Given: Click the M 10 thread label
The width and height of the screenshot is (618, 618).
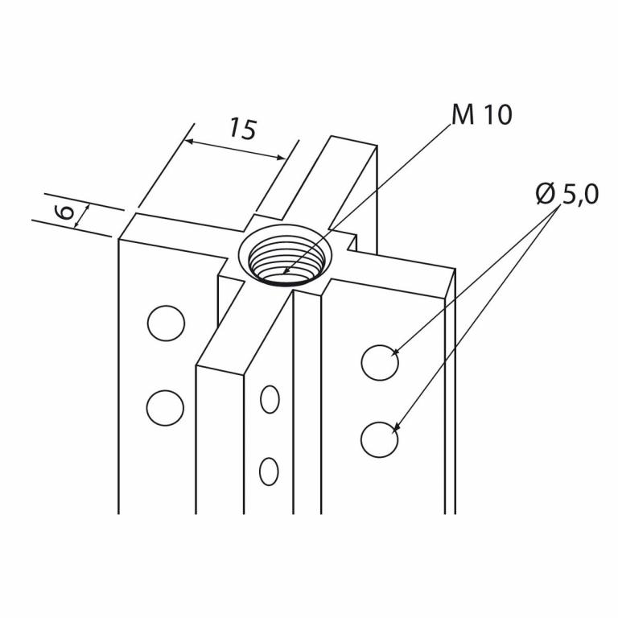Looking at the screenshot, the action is [481, 115].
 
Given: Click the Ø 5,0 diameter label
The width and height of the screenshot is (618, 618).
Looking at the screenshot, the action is [566, 194].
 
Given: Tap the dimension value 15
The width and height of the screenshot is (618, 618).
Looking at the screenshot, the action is [241, 129].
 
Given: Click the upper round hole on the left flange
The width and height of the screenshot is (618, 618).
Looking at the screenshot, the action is [167, 323].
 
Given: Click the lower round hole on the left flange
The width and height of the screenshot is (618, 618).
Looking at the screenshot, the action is [165, 408].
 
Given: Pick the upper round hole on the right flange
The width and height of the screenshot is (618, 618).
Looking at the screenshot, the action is [379, 362].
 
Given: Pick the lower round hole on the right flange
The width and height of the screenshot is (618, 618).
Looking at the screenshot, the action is [379, 439].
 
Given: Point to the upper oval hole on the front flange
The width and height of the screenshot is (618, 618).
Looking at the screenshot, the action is [270, 399].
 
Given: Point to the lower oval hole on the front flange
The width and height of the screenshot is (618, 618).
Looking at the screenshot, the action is [269, 471].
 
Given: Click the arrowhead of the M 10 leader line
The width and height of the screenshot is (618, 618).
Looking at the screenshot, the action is [286, 272].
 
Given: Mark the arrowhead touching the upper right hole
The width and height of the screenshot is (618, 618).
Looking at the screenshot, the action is [393, 352].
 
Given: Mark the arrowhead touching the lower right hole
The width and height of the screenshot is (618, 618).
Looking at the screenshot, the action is [394, 430].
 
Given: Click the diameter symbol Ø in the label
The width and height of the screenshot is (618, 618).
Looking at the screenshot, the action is [546, 193].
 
